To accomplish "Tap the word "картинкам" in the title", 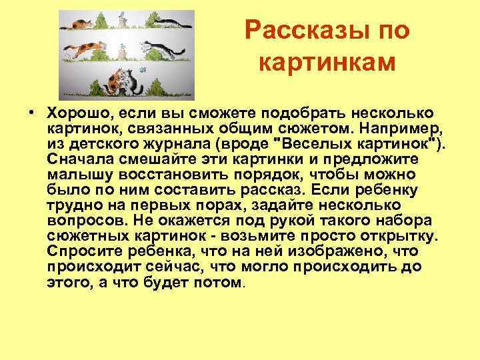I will (326, 63).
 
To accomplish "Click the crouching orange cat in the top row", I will (79, 25).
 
